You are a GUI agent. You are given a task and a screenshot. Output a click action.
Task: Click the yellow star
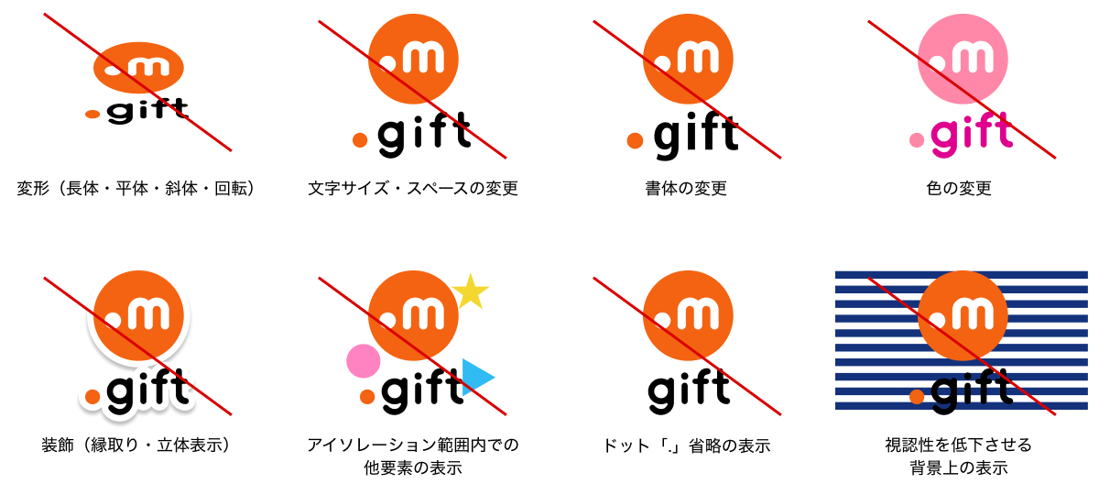click(x=470, y=292)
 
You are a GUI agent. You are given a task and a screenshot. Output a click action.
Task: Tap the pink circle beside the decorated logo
click(x=363, y=361)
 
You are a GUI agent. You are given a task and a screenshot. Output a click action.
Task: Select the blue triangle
click(x=477, y=377)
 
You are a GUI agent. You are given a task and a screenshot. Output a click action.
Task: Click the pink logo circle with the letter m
click(x=963, y=59)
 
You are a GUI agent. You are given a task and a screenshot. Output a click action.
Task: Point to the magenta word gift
click(x=972, y=134)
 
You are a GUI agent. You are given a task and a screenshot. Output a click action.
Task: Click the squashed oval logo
click(x=138, y=68)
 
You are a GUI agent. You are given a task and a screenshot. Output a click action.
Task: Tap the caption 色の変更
click(x=959, y=189)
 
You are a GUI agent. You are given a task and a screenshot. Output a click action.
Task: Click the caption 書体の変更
click(x=686, y=189)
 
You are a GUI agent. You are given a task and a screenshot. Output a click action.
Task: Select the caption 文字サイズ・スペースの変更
click(x=413, y=189)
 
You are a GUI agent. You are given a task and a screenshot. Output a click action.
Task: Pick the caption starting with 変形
click(x=136, y=189)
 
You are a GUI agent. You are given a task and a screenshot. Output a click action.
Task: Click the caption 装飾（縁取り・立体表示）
click(x=136, y=445)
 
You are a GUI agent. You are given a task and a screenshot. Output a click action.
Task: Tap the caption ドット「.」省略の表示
click(x=686, y=445)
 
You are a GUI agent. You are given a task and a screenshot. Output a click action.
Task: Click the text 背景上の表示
click(x=959, y=468)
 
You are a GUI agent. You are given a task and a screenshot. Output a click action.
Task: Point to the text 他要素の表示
click(x=413, y=468)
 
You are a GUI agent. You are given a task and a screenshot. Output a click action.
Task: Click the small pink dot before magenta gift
click(x=917, y=140)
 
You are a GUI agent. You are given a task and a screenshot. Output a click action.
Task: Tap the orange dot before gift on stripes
click(x=917, y=396)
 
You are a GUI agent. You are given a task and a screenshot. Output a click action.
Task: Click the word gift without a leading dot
click(x=689, y=390)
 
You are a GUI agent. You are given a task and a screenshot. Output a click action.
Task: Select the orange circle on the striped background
click(x=963, y=315)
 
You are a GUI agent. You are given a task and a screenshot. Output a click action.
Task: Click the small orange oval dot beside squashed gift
click(x=92, y=115)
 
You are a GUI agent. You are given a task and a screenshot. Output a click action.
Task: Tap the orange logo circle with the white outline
click(x=138, y=315)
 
